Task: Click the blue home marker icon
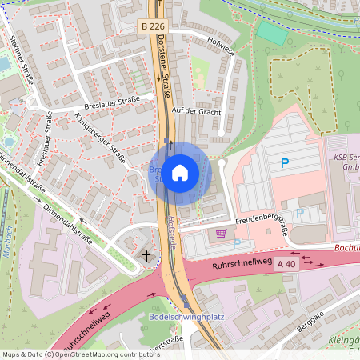[x=180, y=172]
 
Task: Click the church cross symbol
[x=146, y=256]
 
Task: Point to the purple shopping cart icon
[x=221, y=234]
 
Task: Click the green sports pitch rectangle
[x=272, y=34]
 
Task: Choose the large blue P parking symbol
[x=285, y=164]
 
